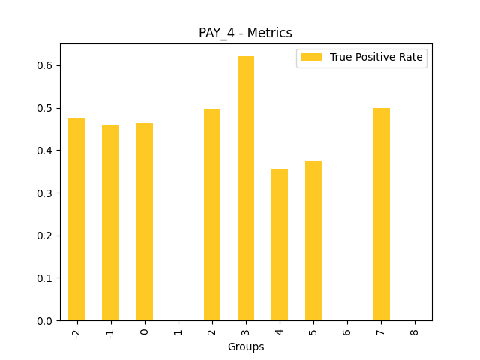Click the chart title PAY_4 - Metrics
pyautogui.click(x=245, y=33)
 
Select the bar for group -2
pyautogui.click(x=76, y=219)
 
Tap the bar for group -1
pyautogui.click(x=110, y=223)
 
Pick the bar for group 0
pyautogui.click(x=144, y=222)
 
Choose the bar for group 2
pyautogui.click(x=212, y=214)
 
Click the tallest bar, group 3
pyautogui.click(x=246, y=188)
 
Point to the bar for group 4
pyautogui.click(x=280, y=244)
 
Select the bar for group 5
pyautogui.click(x=313, y=241)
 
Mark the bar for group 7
pyautogui.click(x=381, y=214)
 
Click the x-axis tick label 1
pyautogui.click(x=178, y=331)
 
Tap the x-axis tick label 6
pyautogui.click(x=347, y=331)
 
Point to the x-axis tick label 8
pyautogui.click(x=415, y=331)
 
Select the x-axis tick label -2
pyautogui.click(x=76, y=332)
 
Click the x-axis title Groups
pyautogui.click(x=246, y=346)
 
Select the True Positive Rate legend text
pyautogui.click(x=376, y=57)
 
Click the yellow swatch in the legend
pyautogui.click(x=310, y=57)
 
